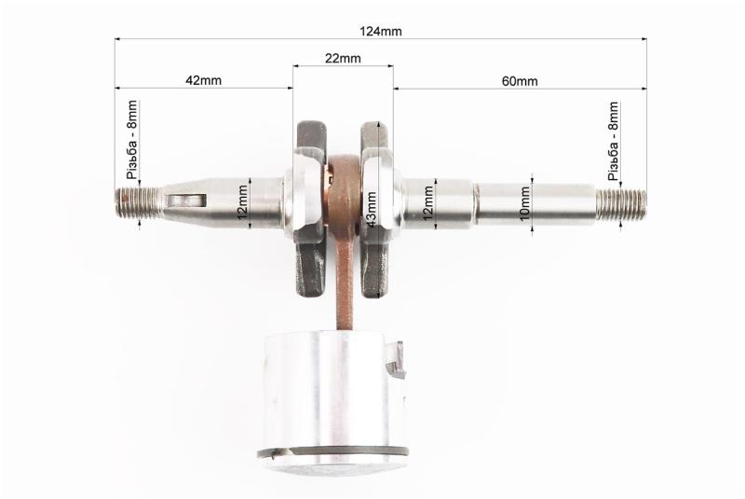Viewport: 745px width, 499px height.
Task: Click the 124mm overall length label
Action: point(380,32)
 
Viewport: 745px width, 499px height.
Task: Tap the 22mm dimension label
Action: point(343,59)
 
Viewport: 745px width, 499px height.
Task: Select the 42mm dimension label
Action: point(203,80)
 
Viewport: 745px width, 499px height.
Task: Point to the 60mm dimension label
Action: point(520,81)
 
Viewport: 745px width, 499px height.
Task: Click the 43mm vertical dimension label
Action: point(371,209)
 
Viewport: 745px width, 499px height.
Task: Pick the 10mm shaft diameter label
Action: point(524,203)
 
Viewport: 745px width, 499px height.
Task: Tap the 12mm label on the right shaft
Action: point(427,202)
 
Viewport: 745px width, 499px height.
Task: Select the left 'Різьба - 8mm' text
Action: point(131,139)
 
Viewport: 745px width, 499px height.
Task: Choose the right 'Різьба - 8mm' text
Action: point(614,141)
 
